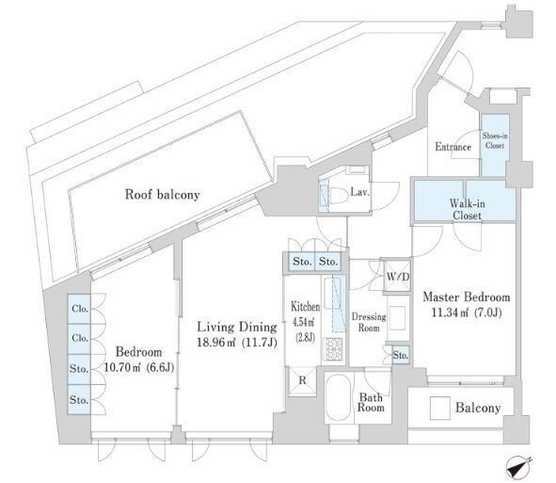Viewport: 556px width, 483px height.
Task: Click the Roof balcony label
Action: (x=163, y=195)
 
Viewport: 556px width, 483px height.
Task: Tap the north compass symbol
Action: (x=518, y=466)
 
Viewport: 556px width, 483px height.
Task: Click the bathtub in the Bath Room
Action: (x=339, y=396)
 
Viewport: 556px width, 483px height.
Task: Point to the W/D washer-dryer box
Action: (x=398, y=277)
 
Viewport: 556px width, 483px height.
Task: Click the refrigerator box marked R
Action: (x=302, y=381)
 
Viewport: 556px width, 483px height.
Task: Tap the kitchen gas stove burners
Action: (x=333, y=348)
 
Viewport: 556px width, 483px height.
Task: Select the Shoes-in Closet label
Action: (x=495, y=140)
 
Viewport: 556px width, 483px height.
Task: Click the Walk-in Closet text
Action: (x=467, y=209)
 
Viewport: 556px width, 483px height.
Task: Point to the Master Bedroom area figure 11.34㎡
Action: (x=449, y=313)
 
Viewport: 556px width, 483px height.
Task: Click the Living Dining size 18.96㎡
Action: (x=216, y=342)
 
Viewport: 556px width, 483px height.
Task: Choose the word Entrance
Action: (x=453, y=147)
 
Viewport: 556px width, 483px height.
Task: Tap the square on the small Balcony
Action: (x=439, y=408)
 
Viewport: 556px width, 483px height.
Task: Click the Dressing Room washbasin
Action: (x=398, y=317)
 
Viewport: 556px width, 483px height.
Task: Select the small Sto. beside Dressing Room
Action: (x=401, y=355)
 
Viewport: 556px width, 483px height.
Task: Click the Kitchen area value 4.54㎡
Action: (x=303, y=322)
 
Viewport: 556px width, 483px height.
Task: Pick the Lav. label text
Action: (x=360, y=192)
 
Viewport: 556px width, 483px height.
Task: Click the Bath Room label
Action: (x=371, y=402)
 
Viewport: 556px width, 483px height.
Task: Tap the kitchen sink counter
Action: (x=334, y=304)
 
